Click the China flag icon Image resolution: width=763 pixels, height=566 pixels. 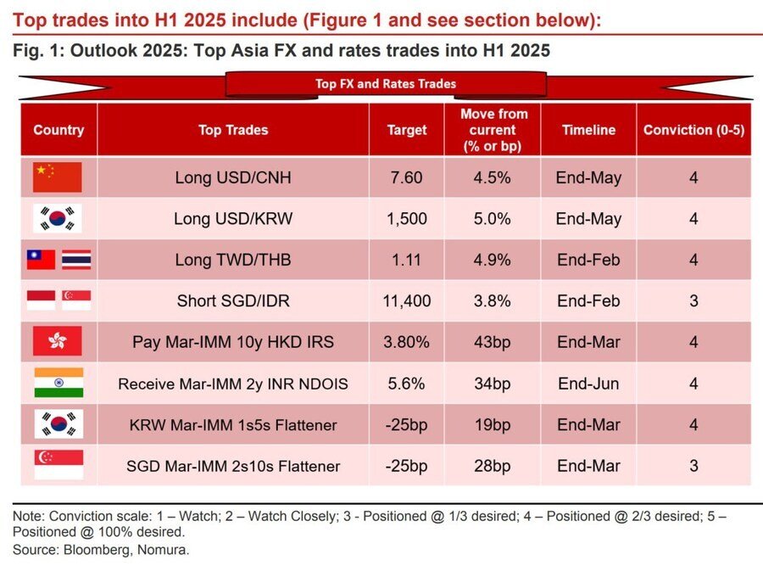click(x=58, y=177)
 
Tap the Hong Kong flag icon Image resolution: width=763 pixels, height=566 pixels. click(x=58, y=342)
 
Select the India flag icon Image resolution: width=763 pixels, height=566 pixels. click(x=58, y=384)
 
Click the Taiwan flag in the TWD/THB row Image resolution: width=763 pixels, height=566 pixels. click(x=41, y=260)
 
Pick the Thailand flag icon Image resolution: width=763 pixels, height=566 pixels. click(x=76, y=260)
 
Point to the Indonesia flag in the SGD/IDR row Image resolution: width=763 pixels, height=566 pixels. click(x=41, y=300)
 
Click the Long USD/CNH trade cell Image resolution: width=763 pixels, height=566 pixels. click(x=232, y=178)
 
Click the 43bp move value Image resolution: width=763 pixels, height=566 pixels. click(x=492, y=343)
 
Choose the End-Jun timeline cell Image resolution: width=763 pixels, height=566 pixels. click(x=588, y=384)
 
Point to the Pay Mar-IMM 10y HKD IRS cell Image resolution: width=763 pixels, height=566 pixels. click(x=232, y=343)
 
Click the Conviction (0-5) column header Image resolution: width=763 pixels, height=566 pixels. click(x=693, y=130)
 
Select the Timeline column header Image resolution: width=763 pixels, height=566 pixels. click(x=588, y=130)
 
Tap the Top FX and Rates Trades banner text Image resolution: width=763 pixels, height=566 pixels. click(x=386, y=83)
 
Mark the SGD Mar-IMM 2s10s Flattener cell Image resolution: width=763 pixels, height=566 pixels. click(x=232, y=466)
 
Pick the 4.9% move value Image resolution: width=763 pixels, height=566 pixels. click(x=492, y=260)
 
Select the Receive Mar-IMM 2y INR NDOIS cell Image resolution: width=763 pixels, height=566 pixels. click(x=232, y=384)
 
